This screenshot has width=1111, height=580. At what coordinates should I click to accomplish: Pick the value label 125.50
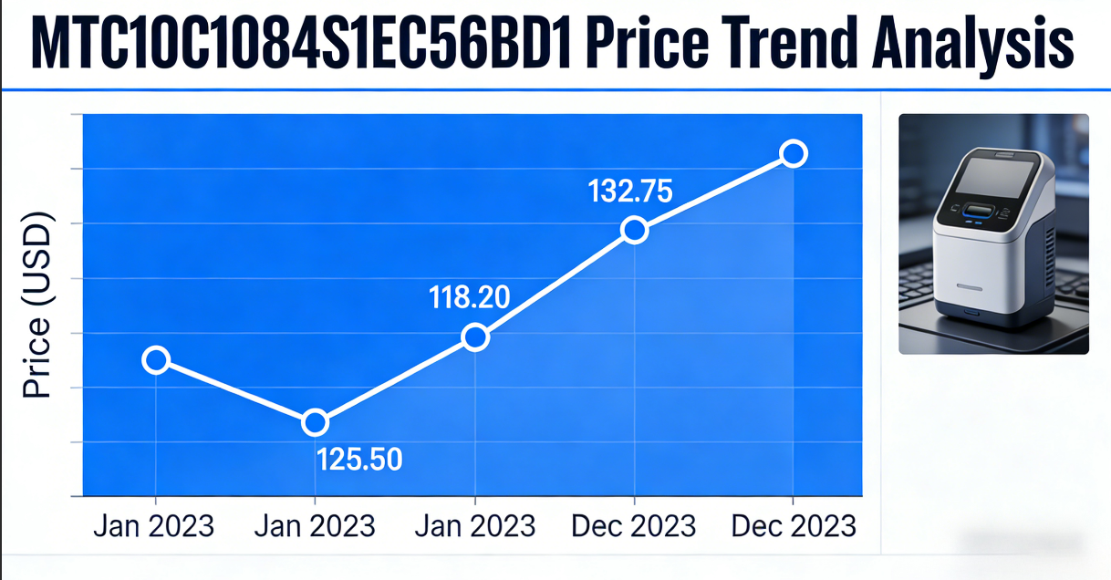[359, 459]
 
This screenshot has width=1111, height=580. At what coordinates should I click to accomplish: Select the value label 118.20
[470, 297]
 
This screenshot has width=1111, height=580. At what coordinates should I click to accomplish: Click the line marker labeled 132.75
[635, 230]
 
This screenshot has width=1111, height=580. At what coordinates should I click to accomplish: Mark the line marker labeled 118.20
[475, 337]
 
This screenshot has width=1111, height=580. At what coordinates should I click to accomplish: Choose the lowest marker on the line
[315, 422]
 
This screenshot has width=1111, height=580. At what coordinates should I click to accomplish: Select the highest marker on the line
[794, 153]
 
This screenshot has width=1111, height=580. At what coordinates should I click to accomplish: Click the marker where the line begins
[156, 359]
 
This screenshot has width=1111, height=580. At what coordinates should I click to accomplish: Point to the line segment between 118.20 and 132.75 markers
[555, 284]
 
